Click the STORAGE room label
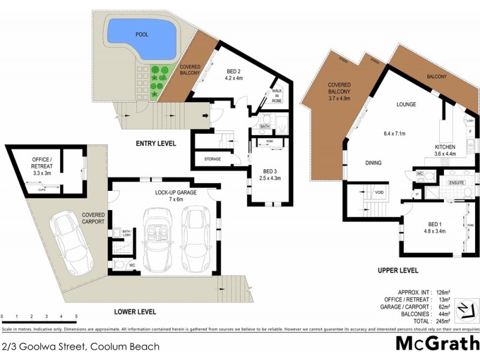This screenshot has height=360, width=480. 212,159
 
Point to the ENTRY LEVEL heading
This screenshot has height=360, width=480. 155,143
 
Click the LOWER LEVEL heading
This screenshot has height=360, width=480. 136,311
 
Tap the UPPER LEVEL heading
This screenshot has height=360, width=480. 398,270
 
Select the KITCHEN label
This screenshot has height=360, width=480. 445,147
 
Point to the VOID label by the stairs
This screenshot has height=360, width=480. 379,193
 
